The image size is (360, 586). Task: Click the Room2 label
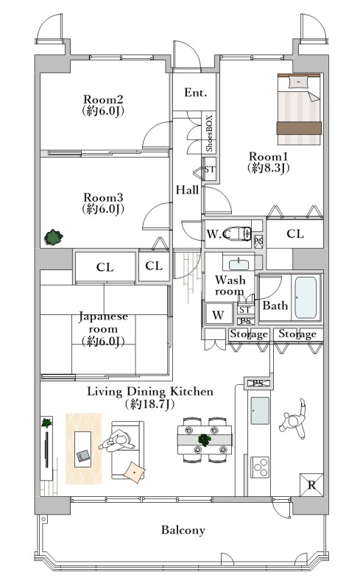103,100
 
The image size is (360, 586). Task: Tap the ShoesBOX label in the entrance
209,133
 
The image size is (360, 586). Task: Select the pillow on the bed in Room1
299,82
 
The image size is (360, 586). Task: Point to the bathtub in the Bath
306,297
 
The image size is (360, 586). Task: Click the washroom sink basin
239,264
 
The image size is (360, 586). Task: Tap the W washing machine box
218,314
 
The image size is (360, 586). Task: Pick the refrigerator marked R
311,485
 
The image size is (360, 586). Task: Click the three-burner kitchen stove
260,467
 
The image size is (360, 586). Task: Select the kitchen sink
260,410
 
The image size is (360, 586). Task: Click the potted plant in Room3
53,237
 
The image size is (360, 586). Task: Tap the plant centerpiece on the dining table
204,439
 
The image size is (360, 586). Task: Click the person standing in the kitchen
294,420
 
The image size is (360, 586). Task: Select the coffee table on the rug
82,449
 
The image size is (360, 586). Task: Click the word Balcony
183,530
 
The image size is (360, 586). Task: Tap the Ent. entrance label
195,92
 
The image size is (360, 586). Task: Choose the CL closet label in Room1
295,234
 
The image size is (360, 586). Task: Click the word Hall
187,190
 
